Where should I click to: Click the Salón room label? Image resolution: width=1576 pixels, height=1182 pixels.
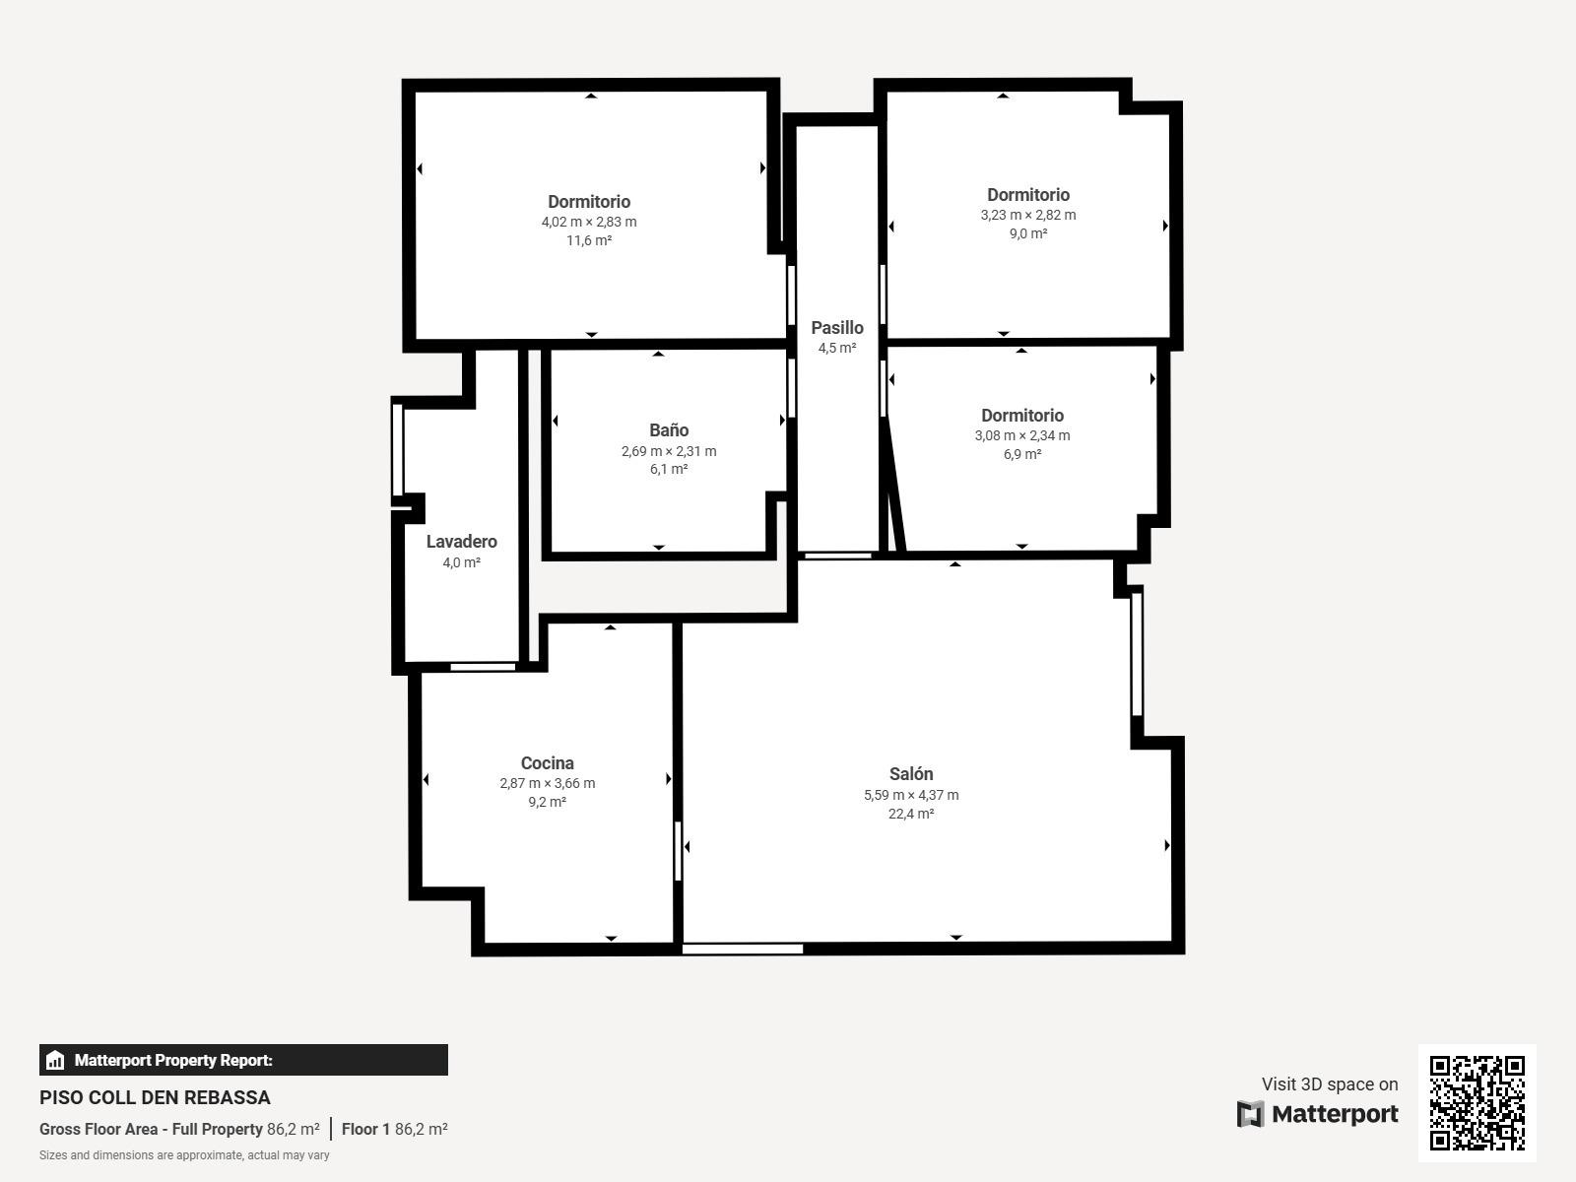[x=911, y=773]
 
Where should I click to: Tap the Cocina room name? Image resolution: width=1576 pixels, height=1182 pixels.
[x=547, y=762]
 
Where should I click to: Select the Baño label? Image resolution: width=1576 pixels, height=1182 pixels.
[x=669, y=429]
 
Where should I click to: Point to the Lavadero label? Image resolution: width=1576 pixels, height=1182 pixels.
[x=462, y=541]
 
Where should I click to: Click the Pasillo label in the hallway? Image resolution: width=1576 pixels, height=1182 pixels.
[x=837, y=327]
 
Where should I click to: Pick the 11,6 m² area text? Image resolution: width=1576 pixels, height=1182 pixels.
[x=589, y=240]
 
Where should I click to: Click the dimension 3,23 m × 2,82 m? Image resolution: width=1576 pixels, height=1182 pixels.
[x=1028, y=215]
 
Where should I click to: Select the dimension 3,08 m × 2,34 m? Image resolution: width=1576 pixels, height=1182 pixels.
[x=1022, y=435]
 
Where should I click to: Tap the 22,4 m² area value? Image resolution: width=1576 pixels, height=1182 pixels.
[x=911, y=814]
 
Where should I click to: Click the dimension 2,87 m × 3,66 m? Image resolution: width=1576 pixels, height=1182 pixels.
[x=547, y=783]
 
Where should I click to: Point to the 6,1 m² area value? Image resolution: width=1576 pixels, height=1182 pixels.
[x=669, y=469]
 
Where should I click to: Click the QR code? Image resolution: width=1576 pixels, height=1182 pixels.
[x=1477, y=1103]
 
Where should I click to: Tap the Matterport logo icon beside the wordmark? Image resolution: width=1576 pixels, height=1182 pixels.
[x=1250, y=1114]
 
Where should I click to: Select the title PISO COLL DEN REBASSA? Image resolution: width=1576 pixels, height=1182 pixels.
[x=155, y=1097]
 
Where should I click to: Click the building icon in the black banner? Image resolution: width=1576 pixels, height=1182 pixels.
[x=55, y=1060]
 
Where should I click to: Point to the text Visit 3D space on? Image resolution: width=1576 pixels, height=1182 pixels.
[x=1330, y=1083]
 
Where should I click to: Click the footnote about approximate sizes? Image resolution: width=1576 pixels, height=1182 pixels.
[x=184, y=1155]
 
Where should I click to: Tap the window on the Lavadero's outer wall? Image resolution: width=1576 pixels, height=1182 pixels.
[x=397, y=450]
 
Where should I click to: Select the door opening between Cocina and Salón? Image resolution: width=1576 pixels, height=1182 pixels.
[x=678, y=851]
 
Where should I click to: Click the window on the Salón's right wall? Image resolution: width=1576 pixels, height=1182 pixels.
[x=1137, y=654]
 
